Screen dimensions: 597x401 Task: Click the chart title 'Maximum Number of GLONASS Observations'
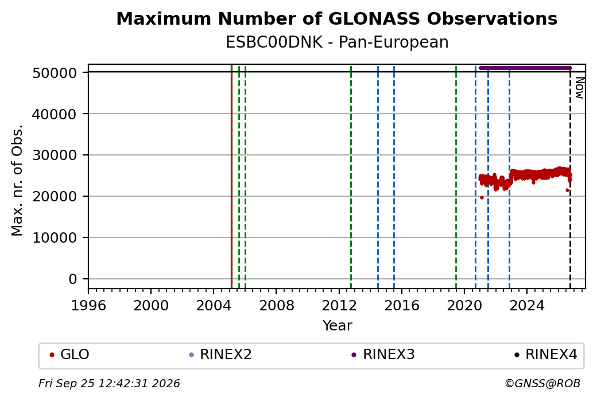coord(337,19)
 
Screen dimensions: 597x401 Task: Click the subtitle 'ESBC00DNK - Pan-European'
coord(337,42)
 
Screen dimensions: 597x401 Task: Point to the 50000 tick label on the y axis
coord(55,73)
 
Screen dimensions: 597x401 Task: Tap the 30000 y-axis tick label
coord(55,155)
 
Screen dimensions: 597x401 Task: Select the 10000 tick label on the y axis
coord(55,238)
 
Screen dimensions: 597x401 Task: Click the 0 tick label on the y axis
coord(73,279)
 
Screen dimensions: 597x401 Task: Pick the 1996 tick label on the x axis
coord(88,305)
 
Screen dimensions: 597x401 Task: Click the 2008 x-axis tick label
coord(277,305)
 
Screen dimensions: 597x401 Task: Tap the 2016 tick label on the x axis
coord(402,305)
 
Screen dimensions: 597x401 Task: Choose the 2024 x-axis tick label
coord(527,305)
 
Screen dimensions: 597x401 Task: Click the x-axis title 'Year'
coord(338,326)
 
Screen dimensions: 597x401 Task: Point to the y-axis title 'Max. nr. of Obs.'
coord(17,180)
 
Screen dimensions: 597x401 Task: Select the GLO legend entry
coord(69,355)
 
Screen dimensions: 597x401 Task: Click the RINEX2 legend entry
coord(220,355)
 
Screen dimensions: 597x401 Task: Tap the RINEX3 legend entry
coord(383,355)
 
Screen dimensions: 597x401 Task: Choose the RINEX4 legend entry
coord(545,355)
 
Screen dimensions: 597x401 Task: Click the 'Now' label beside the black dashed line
coord(579,88)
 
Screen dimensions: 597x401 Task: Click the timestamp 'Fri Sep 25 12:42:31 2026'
coord(109,383)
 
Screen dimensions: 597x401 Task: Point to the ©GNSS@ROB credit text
coord(542,383)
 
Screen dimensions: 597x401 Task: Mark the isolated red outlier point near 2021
coord(482,197)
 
